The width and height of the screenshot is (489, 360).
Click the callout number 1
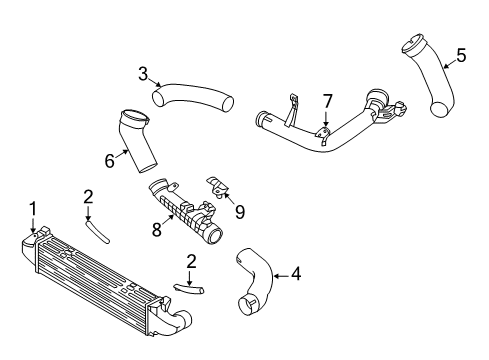click(33, 208)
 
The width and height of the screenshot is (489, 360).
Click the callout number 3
click(143, 72)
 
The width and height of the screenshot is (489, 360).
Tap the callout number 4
click(295, 271)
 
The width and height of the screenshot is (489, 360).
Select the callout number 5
click(461, 56)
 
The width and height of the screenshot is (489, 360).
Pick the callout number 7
click(326, 101)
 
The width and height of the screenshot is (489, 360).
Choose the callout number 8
click(155, 228)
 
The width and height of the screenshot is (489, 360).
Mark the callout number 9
click(239, 210)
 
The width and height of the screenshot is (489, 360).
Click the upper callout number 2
click(88, 197)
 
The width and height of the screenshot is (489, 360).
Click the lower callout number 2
click(190, 261)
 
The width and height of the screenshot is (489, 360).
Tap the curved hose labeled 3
click(195, 98)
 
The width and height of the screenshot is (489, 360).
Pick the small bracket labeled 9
click(219, 187)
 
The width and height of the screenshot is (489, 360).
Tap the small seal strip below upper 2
click(97, 230)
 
